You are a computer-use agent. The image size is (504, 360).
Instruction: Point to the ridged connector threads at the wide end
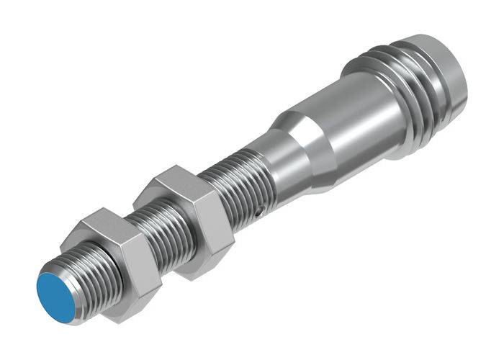418,86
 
